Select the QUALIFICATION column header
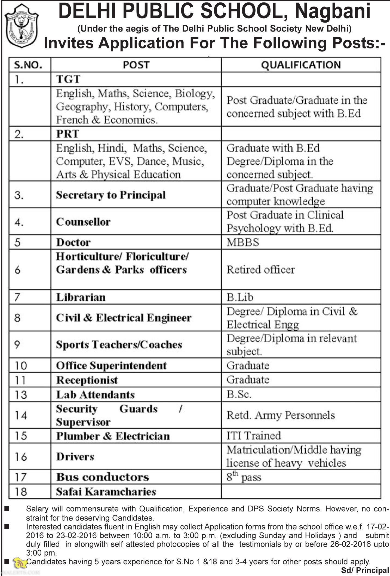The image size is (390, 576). [x=301, y=65]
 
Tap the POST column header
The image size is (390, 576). [x=136, y=65]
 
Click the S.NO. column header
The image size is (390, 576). [x=28, y=65]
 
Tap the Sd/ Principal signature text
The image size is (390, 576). [x=365, y=570]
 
